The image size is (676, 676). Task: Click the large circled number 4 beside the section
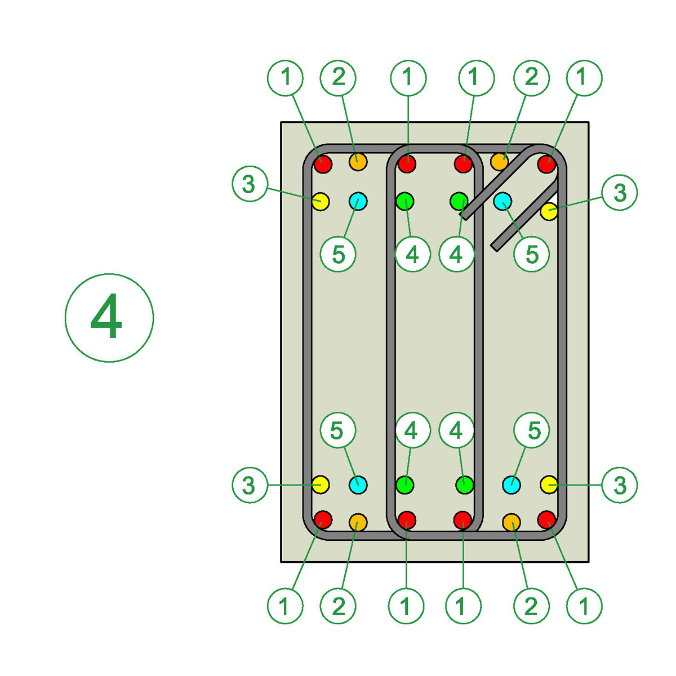pyautogui.click(x=109, y=318)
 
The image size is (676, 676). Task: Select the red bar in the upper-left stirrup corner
pyautogui.click(x=323, y=164)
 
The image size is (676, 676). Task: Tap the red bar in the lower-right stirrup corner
pyautogui.click(x=546, y=519)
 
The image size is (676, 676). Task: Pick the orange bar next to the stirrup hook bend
pyautogui.click(x=499, y=162)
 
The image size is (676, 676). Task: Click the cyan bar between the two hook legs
pyautogui.click(x=502, y=200)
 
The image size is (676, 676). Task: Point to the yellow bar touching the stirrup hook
pyautogui.click(x=549, y=212)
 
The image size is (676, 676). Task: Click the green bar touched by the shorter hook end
pyautogui.click(x=459, y=200)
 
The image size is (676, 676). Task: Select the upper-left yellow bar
pyautogui.click(x=321, y=201)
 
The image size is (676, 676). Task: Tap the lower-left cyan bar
pyautogui.click(x=358, y=484)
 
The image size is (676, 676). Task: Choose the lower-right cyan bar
pyautogui.click(x=512, y=484)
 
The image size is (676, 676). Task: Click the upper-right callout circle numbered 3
pyautogui.click(x=620, y=193)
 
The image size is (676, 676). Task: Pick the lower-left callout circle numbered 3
pyautogui.click(x=249, y=485)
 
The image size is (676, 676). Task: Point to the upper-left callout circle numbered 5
pyautogui.click(x=338, y=254)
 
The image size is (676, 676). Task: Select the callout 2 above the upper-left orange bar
pyautogui.click(x=338, y=77)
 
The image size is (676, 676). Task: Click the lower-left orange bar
pyautogui.click(x=358, y=522)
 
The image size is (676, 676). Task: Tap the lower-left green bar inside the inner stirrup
pyautogui.click(x=405, y=484)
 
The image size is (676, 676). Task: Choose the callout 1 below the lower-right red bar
pyautogui.click(x=584, y=606)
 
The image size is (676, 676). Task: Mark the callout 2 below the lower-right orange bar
pyautogui.click(x=531, y=606)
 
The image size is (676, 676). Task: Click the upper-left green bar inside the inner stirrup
pyautogui.click(x=405, y=200)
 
